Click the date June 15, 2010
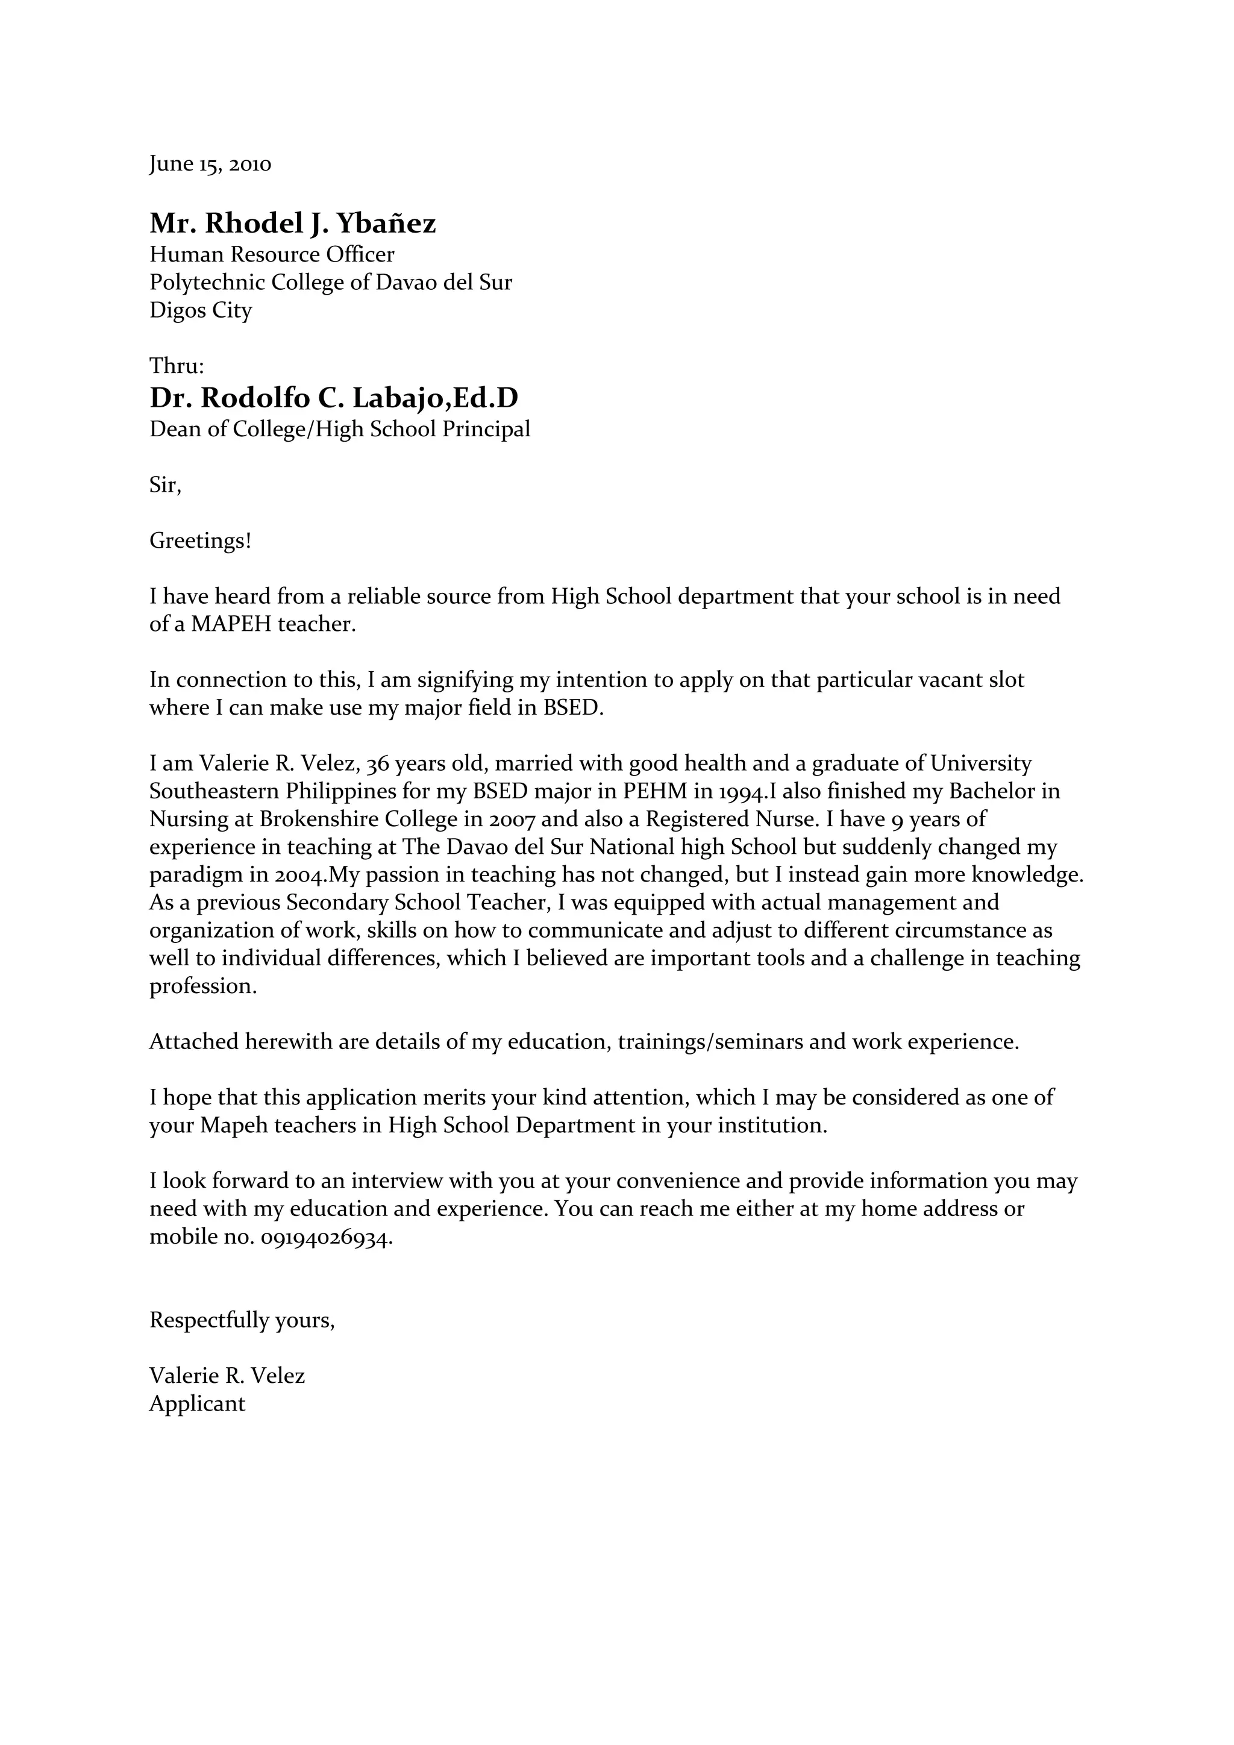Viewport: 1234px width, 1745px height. pyautogui.click(x=210, y=164)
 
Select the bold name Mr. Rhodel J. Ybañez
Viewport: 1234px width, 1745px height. pyautogui.click(x=293, y=224)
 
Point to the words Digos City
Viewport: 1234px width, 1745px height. pyautogui.click(x=200, y=310)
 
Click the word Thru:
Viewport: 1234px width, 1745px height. pyautogui.click(x=177, y=366)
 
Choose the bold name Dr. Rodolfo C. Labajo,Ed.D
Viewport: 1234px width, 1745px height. pyautogui.click(x=334, y=398)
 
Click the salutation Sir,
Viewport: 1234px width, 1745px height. pyautogui.click(x=165, y=485)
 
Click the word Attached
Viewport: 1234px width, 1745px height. pyautogui.click(x=194, y=1041)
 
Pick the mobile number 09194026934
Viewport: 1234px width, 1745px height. pyautogui.click(x=326, y=1237)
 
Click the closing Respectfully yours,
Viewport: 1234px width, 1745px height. pyautogui.click(x=242, y=1320)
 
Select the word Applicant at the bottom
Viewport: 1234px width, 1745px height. pyautogui.click(x=197, y=1404)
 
